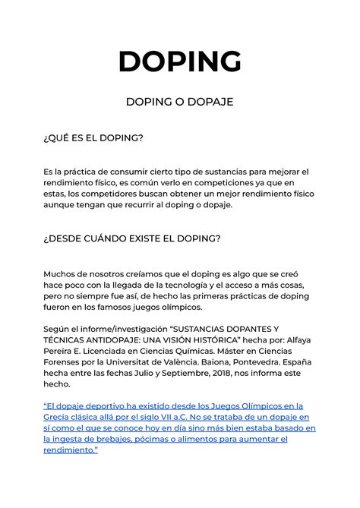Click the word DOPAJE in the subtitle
(208, 102)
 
